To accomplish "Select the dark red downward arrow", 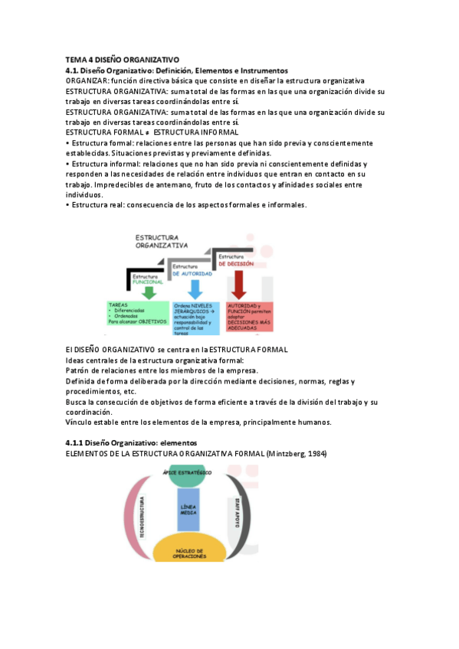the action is (x=238, y=285).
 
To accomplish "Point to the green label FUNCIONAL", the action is (x=146, y=281).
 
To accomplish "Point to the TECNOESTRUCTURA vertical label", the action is (x=143, y=514).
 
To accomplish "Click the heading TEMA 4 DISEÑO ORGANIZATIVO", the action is (x=122, y=59).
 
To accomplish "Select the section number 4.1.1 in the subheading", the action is (x=74, y=443).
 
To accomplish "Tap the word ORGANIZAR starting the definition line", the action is (x=87, y=80).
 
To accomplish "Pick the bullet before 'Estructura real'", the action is (x=67, y=205).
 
